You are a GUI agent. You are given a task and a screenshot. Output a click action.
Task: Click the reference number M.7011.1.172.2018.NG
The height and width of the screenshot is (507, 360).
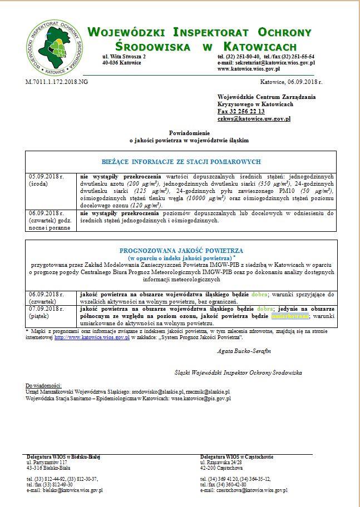click(x=57, y=81)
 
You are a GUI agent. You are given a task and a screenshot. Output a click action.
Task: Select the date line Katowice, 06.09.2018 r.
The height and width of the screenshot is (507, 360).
click(x=291, y=82)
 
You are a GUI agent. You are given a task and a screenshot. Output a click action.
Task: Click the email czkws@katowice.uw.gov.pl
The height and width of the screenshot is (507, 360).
click(x=254, y=118)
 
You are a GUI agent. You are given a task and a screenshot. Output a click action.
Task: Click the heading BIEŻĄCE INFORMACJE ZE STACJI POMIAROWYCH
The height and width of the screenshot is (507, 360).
click(x=181, y=162)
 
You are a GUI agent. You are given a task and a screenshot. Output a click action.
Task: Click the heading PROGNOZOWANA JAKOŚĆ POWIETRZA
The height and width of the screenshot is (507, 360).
click(x=181, y=251)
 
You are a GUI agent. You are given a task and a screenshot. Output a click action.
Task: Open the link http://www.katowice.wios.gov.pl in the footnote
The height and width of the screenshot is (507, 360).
click(x=92, y=337)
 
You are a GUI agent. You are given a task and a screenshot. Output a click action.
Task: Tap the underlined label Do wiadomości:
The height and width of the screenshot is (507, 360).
click(x=44, y=386)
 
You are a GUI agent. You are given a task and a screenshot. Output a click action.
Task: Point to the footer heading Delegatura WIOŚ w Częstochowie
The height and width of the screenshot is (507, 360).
click(x=236, y=457)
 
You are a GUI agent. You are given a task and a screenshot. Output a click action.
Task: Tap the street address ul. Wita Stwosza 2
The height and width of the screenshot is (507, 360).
click(x=124, y=57)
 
